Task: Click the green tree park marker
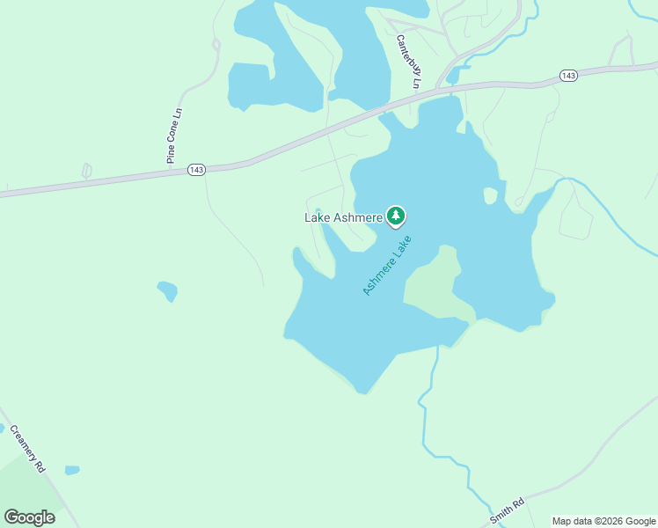click(x=396, y=216)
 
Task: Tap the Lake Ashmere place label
click(x=344, y=217)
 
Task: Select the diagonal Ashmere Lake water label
click(x=387, y=265)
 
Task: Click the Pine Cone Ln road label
click(x=174, y=136)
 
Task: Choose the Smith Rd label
click(x=508, y=511)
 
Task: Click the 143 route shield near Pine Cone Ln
click(x=196, y=169)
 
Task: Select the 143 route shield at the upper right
click(x=568, y=77)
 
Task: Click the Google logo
click(x=29, y=517)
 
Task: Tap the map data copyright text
click(x=603, y=521)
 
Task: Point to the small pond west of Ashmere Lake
click(x=167, y=290)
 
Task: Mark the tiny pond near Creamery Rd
click(x=71, y=470)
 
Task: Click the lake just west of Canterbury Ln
click(x=352, y=53)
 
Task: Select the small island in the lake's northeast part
click(x=490, y=194)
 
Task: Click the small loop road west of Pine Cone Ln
click(x=86, y=171)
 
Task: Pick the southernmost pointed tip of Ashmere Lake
click(x=361, y=391)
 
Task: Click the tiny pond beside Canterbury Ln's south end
click(x=452, y=77)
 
